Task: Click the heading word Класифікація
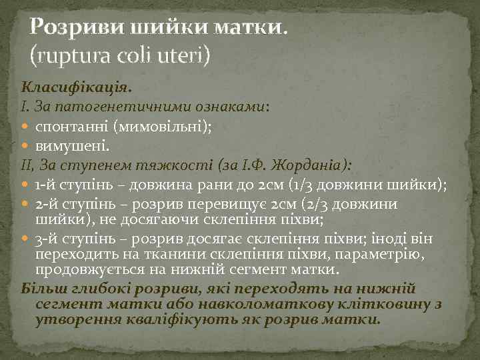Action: pos(76,87)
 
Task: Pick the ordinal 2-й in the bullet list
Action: pos(47,203)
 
